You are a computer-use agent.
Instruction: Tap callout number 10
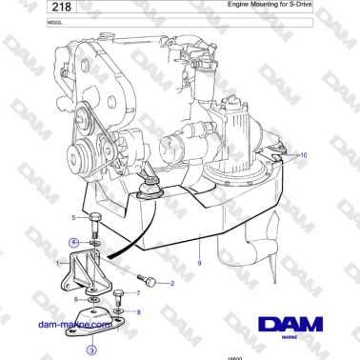point(305,154)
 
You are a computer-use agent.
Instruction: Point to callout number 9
point(199,261)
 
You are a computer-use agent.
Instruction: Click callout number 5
point(72,218)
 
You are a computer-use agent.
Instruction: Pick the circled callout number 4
point(73,243)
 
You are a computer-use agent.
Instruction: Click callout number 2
point(172,283)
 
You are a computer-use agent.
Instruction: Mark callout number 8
point(139,311)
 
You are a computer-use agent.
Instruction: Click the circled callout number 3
point(90,350)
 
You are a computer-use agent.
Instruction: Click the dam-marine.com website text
point(76,324)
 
